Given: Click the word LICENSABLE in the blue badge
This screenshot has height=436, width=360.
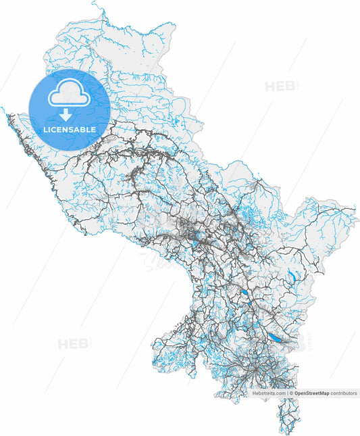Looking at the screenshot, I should pyautogui.click(x=70, y=129).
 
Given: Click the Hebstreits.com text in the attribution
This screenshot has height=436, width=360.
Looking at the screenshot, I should pyautogui.click(x=269, y=393).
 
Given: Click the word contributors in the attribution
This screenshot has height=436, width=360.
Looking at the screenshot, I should pyautogui.click(x=344, y=393).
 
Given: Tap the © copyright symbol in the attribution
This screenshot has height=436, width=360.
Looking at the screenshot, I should pyautogui.click(x=291, y=393).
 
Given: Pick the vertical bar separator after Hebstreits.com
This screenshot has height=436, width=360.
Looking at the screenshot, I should pyautogui.click(x=287, y=393).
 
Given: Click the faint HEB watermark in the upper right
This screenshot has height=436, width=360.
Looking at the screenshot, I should pyautogui.click(x=278, y=87).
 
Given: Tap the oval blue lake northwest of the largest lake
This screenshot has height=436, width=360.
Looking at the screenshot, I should pyautogui.click(x=240, y=293).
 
